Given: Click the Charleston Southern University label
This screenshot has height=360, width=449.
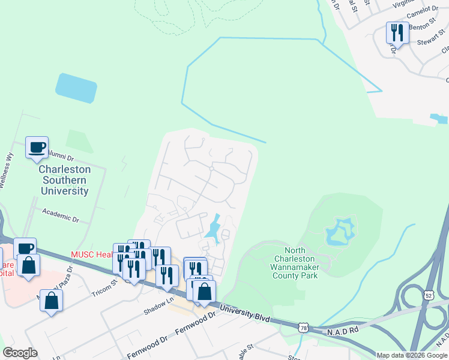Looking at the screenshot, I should click(64, 180).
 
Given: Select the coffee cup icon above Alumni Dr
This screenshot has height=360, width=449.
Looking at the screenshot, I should click(37, 147).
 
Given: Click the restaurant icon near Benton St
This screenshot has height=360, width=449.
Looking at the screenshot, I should click(397, 32).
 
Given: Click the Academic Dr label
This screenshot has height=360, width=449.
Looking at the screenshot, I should click(60, 215).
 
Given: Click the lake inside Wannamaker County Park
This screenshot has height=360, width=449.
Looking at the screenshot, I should click(340, 233).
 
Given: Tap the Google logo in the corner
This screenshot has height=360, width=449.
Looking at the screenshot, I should click(20, 353).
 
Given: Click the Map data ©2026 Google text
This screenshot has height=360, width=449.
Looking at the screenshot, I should click(411, 355).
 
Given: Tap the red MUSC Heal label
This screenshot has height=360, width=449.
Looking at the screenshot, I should click(91, 254).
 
